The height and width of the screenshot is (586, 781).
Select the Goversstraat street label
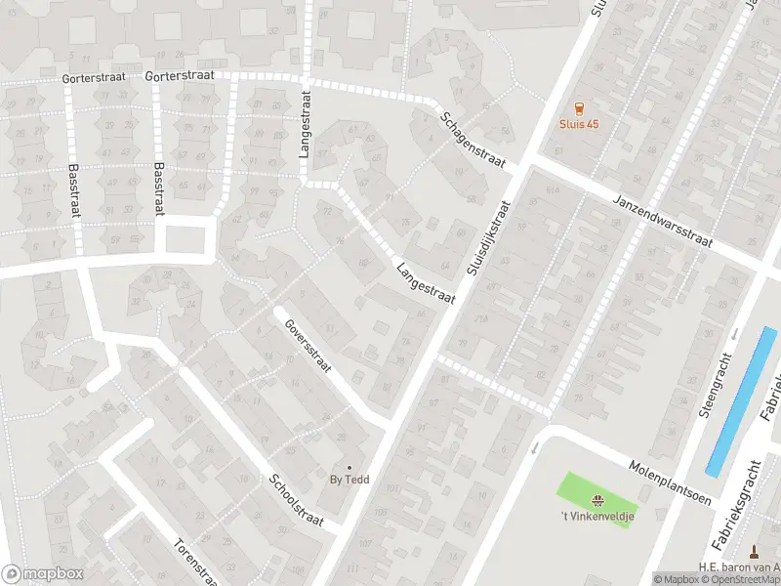[x=308, y=347]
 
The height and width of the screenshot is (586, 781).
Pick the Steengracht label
[x=716, y=386]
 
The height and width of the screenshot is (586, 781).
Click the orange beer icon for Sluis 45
[x=579, y=108]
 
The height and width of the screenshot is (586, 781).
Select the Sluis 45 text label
[x=579, y=124]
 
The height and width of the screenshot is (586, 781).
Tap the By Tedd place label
[x=349, y=481]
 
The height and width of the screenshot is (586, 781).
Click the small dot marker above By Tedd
[x=349, y=468]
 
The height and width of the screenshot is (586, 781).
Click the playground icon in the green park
[x=596, y=499]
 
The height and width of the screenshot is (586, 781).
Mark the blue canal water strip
[x=742, y=400]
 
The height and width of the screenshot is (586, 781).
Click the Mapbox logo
[x=41, y=573]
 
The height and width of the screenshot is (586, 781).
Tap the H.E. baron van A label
[x=739, y=566]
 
